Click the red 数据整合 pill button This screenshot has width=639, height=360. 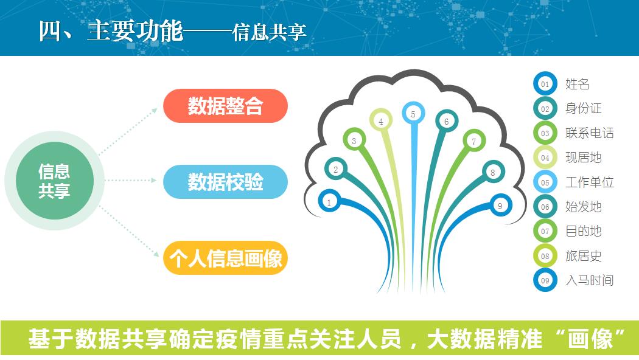click(x=225, y=106)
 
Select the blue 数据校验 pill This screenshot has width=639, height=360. click(x=225, y=182)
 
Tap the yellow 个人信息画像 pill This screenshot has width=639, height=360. click(x=225, y=258)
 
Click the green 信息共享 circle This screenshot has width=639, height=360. click(x=55, y=181)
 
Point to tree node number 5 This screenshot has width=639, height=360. click(x=413, y=114)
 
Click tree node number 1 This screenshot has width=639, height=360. click(x=329, y=201)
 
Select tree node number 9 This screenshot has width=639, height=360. click(x=500, y=206)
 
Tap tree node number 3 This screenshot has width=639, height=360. click(x=354, y=140)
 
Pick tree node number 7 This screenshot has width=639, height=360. click(x=474, y=141)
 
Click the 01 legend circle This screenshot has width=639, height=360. click(x=545, y=84)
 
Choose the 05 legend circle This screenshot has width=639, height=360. click(x=545, y=182)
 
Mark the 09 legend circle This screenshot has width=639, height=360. click(x=545, y=280)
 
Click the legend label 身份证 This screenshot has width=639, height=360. click(x=583, y=108)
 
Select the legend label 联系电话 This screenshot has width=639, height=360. click(x=589, y=133)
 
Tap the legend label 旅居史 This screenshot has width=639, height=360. click(x=583, y=256)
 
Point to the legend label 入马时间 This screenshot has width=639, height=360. click(x=589, y=280)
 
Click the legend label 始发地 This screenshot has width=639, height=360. click(x=583, y=207)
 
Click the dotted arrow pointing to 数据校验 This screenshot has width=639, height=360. click(x=131, y=181)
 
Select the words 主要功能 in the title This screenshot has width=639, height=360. click(x=135, y=31)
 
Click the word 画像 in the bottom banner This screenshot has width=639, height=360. click(x=590, y=339)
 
